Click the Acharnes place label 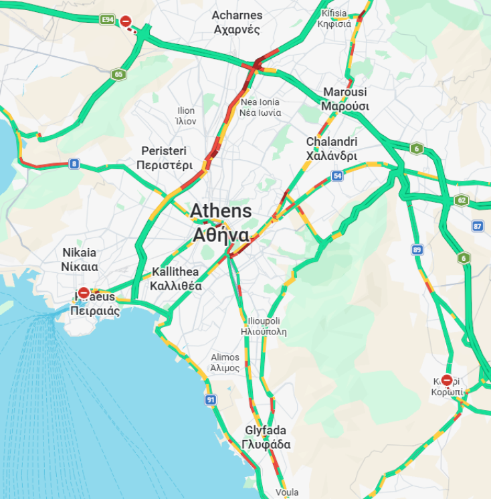237,22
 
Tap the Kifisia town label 335,18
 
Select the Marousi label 345,99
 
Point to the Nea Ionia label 260,107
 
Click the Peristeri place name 164,158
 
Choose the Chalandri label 332,148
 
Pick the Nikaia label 80,260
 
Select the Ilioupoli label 264,326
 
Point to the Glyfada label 266,437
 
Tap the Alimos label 225,363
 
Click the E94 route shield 107,20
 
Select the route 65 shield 118,74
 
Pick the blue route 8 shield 74,163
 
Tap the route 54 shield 337,176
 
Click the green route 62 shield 461,199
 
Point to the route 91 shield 211,399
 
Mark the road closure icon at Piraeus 84,293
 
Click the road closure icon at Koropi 447,380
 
